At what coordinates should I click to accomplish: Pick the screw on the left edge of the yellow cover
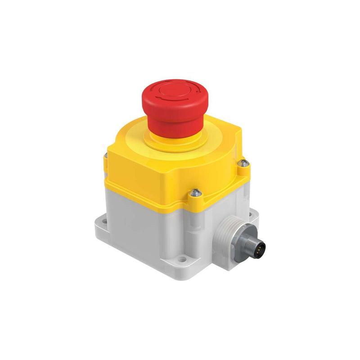coord(105,155)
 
